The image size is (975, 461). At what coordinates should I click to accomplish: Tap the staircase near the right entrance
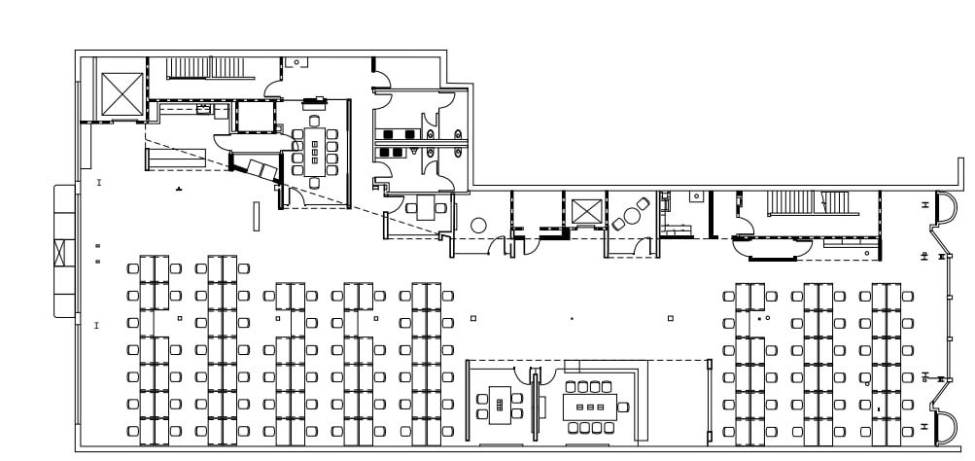pyautogui.click(x=809, y=203)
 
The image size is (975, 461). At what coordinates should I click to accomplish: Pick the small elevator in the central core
pyautogui.click(x=586, y=211)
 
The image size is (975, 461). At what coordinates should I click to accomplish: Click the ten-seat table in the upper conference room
pyautogui.click(x=315, y=151)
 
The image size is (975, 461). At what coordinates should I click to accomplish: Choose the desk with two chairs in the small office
pyautogui.click(x=425, y=207)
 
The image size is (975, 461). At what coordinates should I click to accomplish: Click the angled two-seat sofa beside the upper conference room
pyautogui.click(x=261, y=169)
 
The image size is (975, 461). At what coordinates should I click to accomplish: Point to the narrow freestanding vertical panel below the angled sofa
pyautogui.click(x=257, y=215)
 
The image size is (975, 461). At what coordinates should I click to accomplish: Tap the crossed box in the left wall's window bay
pyautogui.click(x=64, y=253)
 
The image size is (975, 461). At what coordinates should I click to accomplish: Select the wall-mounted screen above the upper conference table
pyautogui.click(x=314, y=99)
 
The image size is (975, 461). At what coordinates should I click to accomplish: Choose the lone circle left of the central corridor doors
pyautogui.click(x=478, y=226)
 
